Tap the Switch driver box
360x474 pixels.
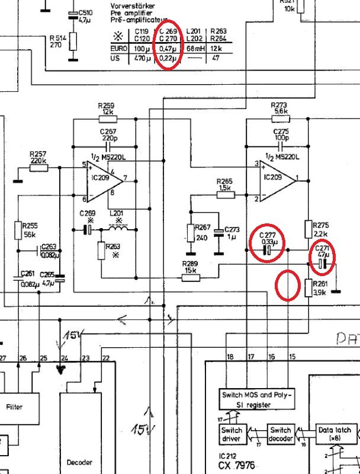click(x=232, y=434)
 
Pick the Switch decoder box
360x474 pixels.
click(x=281, y=434)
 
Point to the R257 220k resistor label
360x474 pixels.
click(x=38, y=156)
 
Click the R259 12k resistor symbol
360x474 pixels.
click(x=108, y=118)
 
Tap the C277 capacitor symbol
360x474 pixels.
click(x=267, y=251)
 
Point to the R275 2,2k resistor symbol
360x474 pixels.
click(x=309, y=229)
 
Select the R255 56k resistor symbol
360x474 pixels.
click(x=18, y=229)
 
